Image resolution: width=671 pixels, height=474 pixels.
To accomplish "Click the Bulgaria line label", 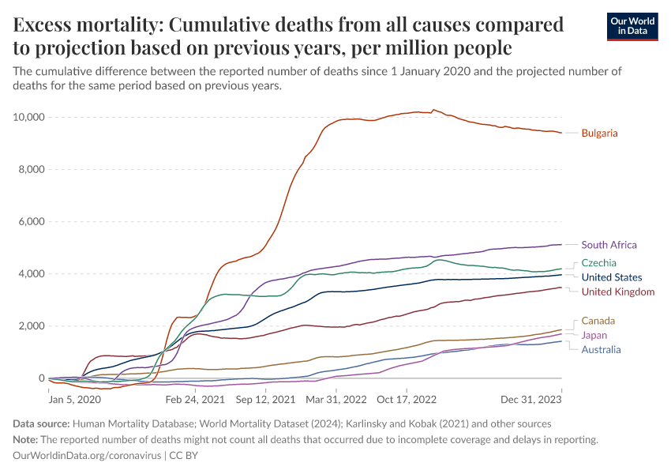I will coord(599,133).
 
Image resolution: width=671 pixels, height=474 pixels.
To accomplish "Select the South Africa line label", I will coord(609,245).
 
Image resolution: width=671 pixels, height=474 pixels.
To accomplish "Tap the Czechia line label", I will coord(598,262).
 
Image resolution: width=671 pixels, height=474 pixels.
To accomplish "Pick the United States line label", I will coord(611,277).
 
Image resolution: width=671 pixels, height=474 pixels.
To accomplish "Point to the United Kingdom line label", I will coord(617,292).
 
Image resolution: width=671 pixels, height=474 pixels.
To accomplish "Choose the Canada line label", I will coord(598,321).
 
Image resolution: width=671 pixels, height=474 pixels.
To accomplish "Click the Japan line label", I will coord(594,335).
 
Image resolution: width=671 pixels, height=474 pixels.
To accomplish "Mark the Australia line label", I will coord(601,349).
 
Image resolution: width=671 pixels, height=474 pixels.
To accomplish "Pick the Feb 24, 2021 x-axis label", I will coord(189,401).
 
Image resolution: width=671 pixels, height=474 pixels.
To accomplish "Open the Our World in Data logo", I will coord(632,26).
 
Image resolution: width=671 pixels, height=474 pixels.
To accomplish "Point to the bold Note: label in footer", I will coord(28,439).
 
